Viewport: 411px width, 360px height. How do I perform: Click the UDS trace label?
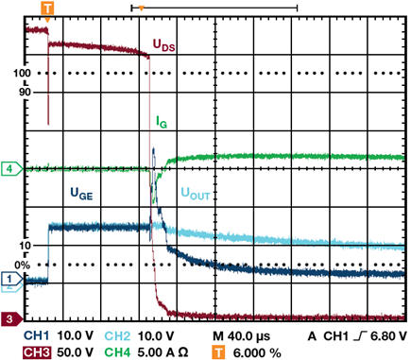pyautogui.click(x=163, y=45)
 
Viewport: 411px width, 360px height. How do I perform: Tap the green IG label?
pyautogui.click(x=162, y=122)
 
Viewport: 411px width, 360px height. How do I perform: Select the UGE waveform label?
pyautogui.click(x=81, y=193)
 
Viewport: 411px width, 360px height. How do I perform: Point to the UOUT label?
pyautogui.click(x=196, y=194)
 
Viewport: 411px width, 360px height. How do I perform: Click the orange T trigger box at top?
pyautogui.click(x=47, y=9)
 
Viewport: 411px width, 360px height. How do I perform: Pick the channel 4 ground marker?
pyautogui.click(x=12, y=169)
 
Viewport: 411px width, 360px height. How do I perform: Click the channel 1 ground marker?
pyautogui.click(x=12, y=279)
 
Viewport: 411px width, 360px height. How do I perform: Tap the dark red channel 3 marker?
pyautogui.click(x=12, y=318)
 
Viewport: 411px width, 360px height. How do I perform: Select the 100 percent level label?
pyautogui.click(x=22, y=74)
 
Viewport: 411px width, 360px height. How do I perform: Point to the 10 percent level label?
pyautogui.click(x=26, y=245)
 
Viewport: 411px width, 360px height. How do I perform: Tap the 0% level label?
pyautogui.click(x=23, y=266)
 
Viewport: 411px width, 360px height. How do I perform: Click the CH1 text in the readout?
pyautogui.click(x=37, y=336)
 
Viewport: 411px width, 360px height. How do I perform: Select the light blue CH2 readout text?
pyautogui.click(x=117, y=336)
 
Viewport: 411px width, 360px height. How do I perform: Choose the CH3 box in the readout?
pyautogui.click(x=37, y=352)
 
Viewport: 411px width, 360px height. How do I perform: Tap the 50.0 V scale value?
pyautogui.click(x=75, y=352)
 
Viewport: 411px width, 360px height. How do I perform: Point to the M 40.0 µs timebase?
pyautogui.click(x=242, y=336)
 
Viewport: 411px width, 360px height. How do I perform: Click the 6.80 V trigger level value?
pyautogui.click(x=388, y=336)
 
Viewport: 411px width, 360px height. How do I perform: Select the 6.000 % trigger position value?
pyautogui.click(x=257, y=352)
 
